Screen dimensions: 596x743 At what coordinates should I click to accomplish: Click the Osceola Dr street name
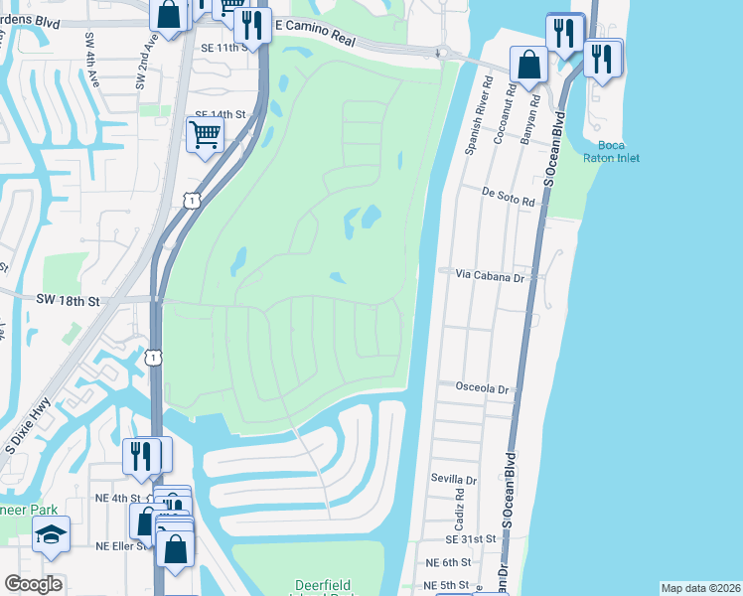(482, 389)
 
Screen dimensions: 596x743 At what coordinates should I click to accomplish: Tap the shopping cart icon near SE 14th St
(205, 134)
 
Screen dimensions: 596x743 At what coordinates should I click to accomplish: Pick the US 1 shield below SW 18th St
(154, 357)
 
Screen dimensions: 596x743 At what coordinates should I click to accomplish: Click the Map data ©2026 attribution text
(700, 588)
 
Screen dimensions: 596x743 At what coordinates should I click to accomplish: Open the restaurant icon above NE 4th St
(142, 456)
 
